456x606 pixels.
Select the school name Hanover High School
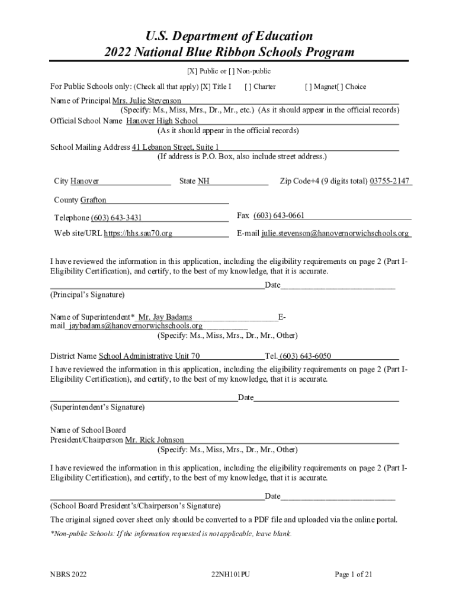click(162, 121)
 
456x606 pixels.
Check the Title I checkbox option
click(205, 86)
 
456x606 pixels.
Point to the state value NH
click(204, 180)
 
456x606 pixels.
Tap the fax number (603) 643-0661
click(279, 215)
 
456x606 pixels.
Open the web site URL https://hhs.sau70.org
click(138, 233)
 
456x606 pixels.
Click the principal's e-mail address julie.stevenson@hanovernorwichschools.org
click(335, 233)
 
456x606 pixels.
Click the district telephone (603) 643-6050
click(306, 356)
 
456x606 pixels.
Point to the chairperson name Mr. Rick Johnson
click(154, 440)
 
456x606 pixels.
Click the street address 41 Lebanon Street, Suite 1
click(175, 147)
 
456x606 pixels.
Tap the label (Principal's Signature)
click(87, 294)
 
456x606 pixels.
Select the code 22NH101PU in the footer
click(230, 573)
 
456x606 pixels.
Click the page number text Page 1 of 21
click(354, 573)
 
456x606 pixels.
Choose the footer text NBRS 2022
click(69, 573)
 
